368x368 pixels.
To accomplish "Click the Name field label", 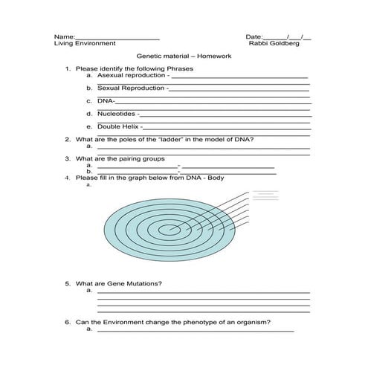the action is coord(65,36).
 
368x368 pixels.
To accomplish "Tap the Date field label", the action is coord(254,36).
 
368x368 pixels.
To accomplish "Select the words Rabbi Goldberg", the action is coord(274,44).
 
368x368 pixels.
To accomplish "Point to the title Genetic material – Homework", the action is coord(184,57).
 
